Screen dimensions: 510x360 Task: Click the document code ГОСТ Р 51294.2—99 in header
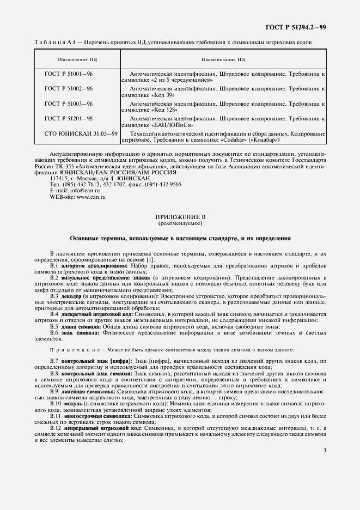point(295,27)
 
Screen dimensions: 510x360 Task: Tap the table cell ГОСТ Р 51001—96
point(68,73)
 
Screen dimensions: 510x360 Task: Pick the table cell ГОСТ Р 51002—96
point(68,88)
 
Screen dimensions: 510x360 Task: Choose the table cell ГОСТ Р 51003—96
point(68,104)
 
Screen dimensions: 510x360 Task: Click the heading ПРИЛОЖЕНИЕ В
point(180,217)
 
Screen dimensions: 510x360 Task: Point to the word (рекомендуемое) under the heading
point(180,223)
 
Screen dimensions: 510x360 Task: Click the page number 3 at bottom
point(324,450)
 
